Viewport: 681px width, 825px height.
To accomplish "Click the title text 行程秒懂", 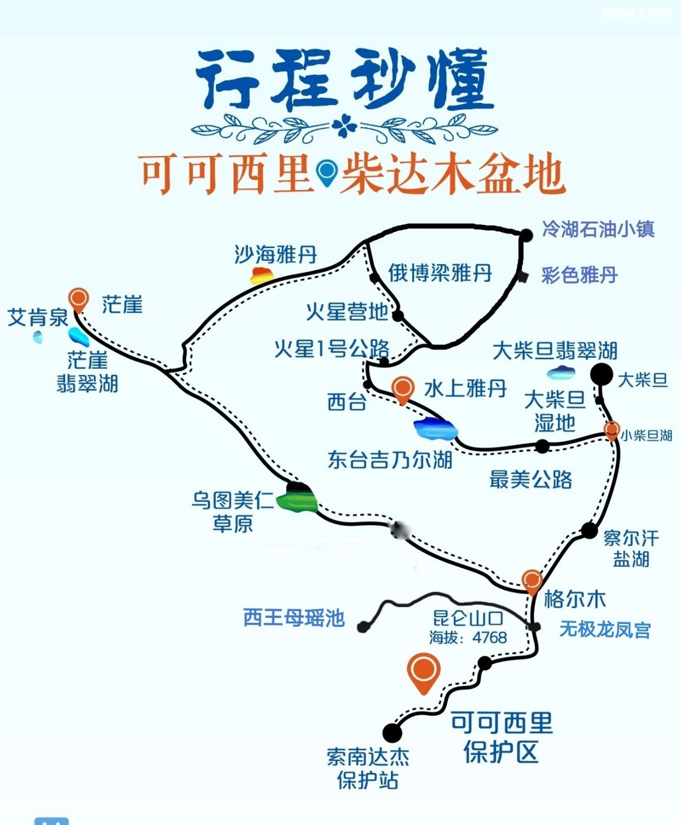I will click(344, 80).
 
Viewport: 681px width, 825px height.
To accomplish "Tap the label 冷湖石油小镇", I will click(598, 229).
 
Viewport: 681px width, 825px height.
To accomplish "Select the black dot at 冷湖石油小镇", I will click(526, 235).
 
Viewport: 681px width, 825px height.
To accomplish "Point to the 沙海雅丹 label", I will click(276, 255).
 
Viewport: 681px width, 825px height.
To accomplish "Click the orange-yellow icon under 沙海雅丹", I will click(262, 275).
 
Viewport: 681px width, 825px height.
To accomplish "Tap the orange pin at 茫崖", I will click(79, 299).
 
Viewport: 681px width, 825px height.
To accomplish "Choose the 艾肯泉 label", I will click(37, 317).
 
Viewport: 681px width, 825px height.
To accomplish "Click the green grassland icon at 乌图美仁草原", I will click(297, 501).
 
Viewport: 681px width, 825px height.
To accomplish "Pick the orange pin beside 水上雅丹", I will click(403, 388).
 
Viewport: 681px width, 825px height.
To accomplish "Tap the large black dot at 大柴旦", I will click(601, 375).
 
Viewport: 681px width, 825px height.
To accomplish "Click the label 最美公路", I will click(530, 480).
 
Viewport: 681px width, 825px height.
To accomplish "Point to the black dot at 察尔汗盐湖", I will click(589, 530).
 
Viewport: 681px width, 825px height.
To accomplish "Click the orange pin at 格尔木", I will click(532, 581).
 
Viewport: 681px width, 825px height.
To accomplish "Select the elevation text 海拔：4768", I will click(468, 637).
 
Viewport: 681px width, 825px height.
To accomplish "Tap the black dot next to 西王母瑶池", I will click(363, 626).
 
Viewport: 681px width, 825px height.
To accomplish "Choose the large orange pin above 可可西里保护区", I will click(424, 671).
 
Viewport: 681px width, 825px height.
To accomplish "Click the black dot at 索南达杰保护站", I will click(392, 733).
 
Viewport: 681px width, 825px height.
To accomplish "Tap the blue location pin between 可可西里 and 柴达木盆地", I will click(327, 172).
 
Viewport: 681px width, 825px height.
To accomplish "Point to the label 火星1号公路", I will click(332, 349).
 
